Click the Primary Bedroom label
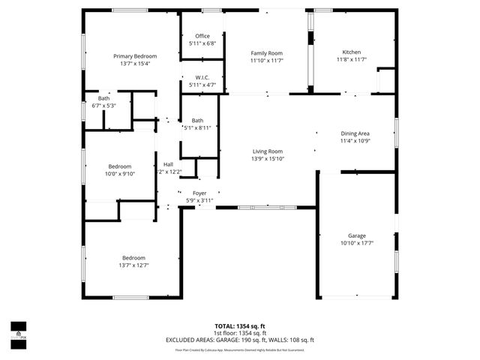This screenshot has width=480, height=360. (135, 56)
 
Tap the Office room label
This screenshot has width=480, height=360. (202, 36)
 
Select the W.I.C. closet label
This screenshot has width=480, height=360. (202, 77)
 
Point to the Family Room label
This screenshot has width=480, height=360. (266, 52)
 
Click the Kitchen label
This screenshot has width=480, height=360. (352, 52)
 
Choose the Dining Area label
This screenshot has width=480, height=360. (355, 133)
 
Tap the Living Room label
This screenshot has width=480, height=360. (267, 151)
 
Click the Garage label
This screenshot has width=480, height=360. (357, 235)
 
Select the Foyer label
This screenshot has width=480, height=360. (199, 193)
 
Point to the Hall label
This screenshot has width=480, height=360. (169, 165)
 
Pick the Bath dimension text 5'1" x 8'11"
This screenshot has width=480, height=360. (197, 127)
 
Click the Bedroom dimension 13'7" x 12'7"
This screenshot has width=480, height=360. (134, 265)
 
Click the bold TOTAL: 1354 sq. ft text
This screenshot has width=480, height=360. (240, 326)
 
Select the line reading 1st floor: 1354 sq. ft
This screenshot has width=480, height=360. (240, 333)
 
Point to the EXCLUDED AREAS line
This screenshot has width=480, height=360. (240, 340)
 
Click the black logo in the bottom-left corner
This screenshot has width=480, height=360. (17, 331)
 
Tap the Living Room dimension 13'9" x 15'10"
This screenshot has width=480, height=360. (267, 158)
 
